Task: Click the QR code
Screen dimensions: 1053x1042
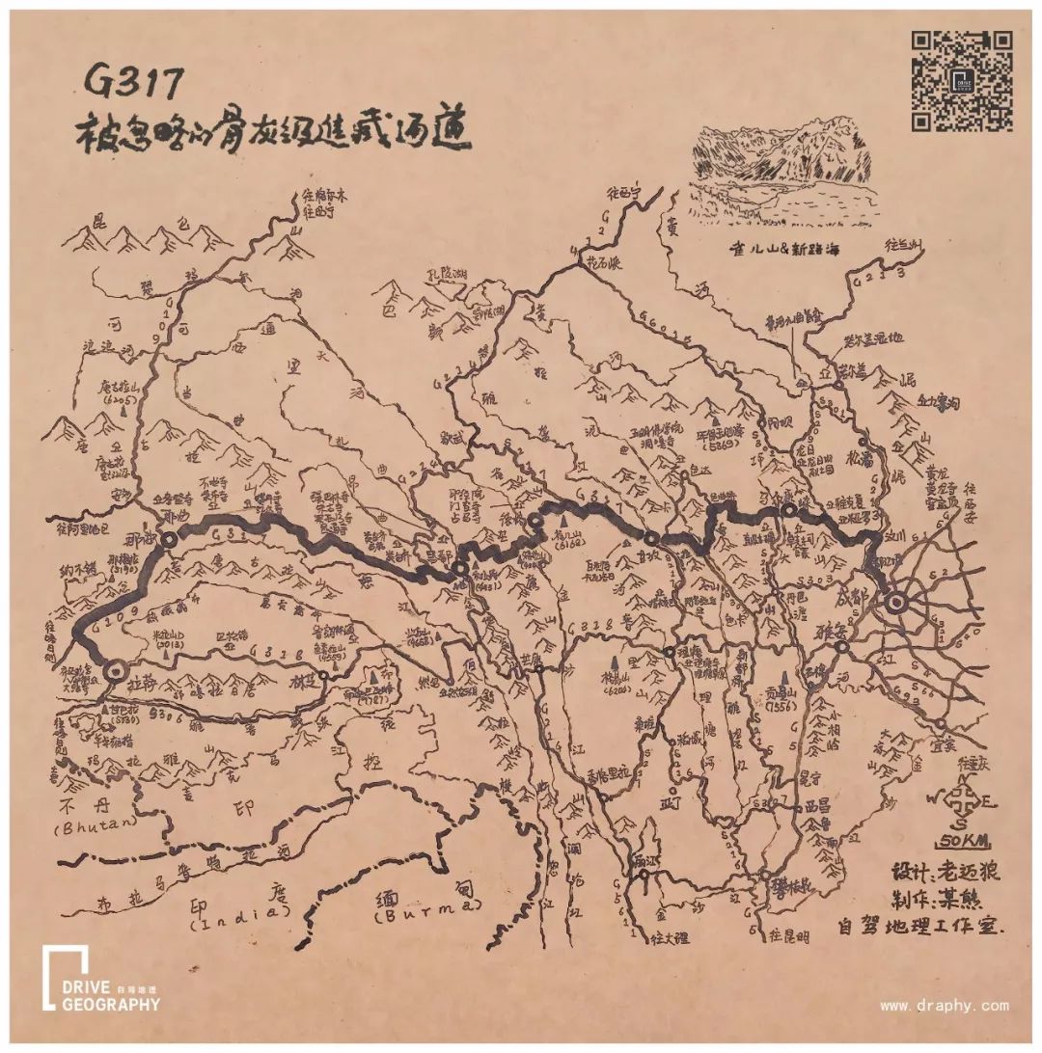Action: [x=962, y=80]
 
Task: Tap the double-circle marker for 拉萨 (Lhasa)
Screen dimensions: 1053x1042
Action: [x=117, y=669]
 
